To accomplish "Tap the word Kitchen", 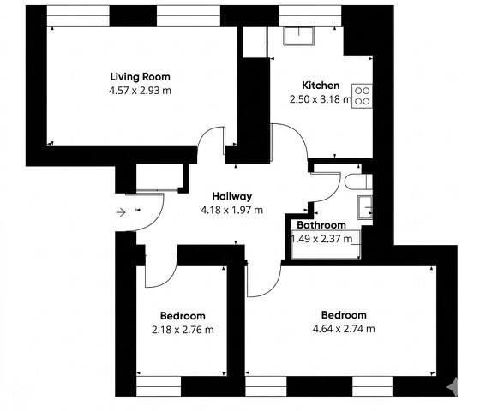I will pyautogui.click(x=321, y=86).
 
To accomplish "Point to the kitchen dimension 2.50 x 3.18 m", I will pyautogui.click(x=321, y=99).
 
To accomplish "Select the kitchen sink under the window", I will pyautogui.click(x=298, y=35).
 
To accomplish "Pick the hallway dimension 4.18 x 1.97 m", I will pyautogui.click(x=231, y=210).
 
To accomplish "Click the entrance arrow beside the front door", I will pyautogui.click(x=121, y=210).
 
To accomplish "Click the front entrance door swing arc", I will pyautogui.click(x=151, y=209).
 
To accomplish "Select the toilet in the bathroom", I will pyautogui.click(x=356, y=182).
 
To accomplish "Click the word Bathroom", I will pyautogui.click(x=321, y=225).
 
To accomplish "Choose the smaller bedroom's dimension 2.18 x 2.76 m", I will pyautogui.click(x=183, y=329).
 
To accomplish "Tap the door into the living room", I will pyautogui.click(x=211, y=146).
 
